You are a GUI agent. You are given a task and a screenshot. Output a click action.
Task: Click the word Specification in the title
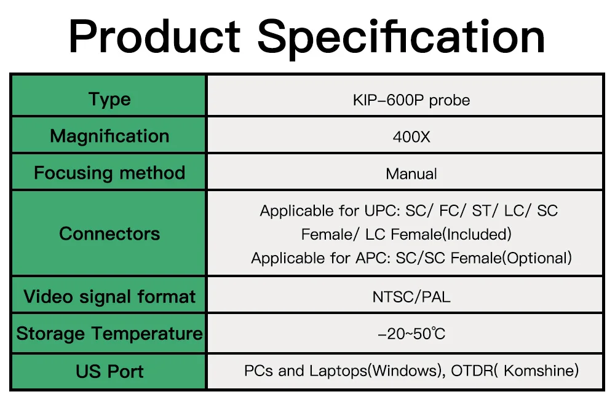point(401,39)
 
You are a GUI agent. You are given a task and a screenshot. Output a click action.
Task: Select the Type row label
point(109,99)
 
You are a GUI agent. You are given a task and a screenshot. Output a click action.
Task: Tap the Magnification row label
point(109,136)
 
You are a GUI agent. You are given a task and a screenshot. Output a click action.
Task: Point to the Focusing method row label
point(109,173)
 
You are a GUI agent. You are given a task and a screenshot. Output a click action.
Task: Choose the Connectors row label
point(109,234)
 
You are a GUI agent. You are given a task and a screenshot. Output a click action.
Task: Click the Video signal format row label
point(109,297)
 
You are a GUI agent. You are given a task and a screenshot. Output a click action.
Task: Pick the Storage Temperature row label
point(109,334)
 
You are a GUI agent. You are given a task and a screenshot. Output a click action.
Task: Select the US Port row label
point(109,371)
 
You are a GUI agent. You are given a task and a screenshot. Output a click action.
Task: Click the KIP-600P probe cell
point(411,100)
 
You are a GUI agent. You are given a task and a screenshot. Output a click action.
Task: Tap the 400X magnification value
point(411,137)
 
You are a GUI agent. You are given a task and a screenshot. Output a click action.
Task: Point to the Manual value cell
point(411,174)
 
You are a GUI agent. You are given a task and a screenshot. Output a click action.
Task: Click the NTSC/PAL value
point(411,297)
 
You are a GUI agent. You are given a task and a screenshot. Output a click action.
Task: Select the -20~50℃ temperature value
point(411,334)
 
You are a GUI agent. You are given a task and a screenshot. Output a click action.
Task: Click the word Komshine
point(541,371)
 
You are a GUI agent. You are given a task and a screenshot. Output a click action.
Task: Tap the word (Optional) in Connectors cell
point(537,258)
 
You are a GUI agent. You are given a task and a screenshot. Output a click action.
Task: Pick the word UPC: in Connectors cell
point(382,211)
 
